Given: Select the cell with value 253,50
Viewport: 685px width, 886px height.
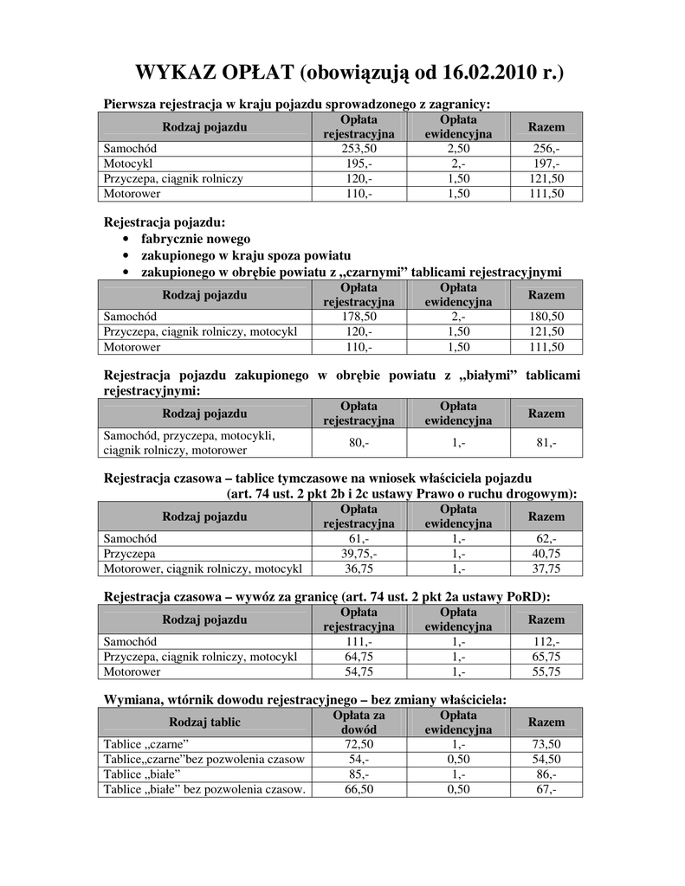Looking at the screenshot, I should point(359,149).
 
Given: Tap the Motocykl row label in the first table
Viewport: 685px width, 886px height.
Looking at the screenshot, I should point(127,164).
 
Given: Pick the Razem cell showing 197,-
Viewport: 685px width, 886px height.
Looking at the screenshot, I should point(546,164).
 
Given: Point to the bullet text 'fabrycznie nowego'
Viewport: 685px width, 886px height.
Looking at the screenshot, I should point(196,239).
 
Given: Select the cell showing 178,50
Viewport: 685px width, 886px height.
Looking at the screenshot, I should point(359,317).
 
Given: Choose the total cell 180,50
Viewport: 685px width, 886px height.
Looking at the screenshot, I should point(546,317).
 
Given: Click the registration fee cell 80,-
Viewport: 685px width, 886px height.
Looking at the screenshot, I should point(359,443).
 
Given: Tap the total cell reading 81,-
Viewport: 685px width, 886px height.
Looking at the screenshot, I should point(546,443).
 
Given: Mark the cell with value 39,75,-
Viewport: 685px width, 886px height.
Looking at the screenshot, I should point(359,554).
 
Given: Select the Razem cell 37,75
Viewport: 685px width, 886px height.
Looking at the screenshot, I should point(546,568).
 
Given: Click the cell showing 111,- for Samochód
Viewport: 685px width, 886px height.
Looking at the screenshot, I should point(359,642).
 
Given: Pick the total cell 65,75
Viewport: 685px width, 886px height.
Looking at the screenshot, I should point(546,657).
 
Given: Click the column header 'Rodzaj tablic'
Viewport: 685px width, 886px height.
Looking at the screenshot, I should point(204,722).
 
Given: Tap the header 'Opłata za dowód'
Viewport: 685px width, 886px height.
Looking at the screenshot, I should point(359,722).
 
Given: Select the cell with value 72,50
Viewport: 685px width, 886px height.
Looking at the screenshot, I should point(359,744).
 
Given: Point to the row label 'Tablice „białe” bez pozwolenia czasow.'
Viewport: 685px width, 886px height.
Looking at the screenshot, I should point(204,789).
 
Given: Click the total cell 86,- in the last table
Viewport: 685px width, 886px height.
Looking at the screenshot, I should point(546,774).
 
